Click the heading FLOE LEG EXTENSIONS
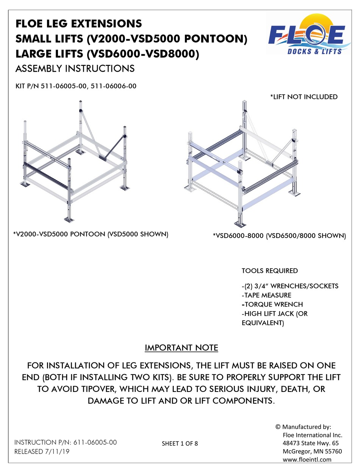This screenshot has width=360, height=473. pyautogui.click(x=78, y=23)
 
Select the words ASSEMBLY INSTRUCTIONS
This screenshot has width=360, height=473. pyautogui.click(x=75, y=69)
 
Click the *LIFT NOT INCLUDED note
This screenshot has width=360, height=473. pyautogui.click(x=304, y=97)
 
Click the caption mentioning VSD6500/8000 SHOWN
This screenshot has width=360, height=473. pyautogui.click(x=280, y=236)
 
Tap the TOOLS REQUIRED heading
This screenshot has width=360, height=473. pyautogui.click(x=269, y=271)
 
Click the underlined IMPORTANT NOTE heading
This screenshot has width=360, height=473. pyautogui.click(x=182, y=348)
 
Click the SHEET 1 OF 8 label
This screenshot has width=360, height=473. pyautogui.click(x=180, y=443)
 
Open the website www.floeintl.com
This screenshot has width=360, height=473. pyautogui.click(x=307, y=459)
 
